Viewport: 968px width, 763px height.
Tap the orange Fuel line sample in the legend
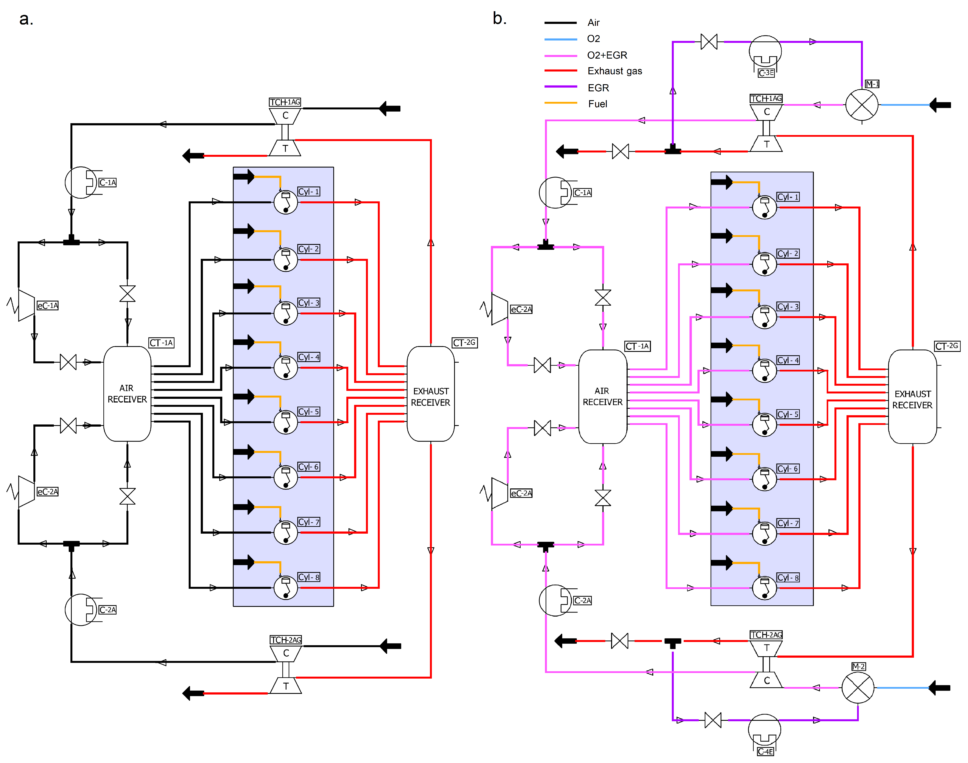tap(561, 103)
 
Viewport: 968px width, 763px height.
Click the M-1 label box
tap(872, 84)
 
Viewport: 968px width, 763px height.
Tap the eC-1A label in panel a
tap(47, 306)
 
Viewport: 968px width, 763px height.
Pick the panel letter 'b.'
tap(500, 18)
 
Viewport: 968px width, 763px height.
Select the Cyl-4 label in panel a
tap(309, 357)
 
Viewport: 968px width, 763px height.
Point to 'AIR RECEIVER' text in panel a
tap(127, 394)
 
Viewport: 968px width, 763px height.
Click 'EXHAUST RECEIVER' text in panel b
tap(912, 399)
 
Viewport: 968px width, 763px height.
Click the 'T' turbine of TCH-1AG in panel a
tap(285, 148)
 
